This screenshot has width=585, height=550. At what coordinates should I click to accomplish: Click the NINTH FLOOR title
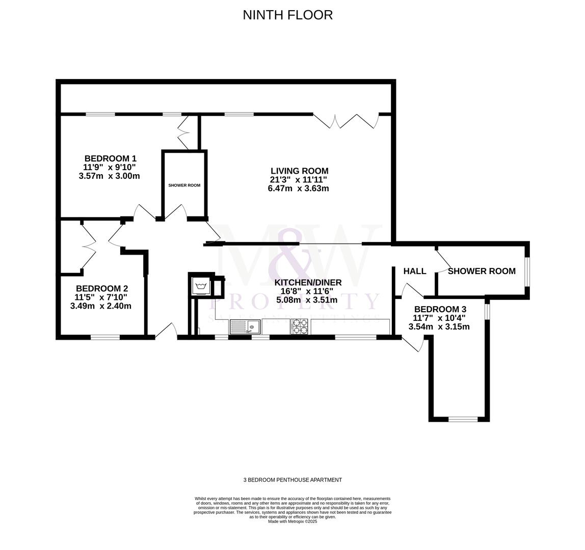[x=287, y=15]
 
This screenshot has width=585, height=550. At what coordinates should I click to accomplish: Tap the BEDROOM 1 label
[x=110, y=158]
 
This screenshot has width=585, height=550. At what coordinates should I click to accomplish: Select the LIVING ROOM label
[x=299, y=171]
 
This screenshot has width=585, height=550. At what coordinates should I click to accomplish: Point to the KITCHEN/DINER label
[x=308, y=283]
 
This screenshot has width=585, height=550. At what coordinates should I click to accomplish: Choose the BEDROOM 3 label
[x=440, y=309]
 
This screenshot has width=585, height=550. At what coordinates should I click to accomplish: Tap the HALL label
[x=414, y=271]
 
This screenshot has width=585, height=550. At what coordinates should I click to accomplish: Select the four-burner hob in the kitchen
[x=299, y=326]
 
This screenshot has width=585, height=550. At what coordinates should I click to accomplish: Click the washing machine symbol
[x=201, y=286]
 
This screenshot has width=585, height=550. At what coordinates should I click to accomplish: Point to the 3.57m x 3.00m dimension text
[x=109, y=176]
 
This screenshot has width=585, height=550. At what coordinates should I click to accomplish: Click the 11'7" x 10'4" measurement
[x=439, y=318]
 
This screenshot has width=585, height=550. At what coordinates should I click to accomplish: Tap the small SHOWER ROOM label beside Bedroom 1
[x=184, y=185]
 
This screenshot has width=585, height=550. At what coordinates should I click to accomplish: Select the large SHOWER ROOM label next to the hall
[x=482, y=271]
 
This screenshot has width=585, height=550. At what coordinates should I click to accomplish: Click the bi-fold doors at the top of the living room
[x=346, y=121]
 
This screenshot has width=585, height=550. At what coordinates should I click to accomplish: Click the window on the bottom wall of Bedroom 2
[x=105, y=337]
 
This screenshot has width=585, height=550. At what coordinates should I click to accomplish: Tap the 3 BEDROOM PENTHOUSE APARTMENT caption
[x=292, y=480]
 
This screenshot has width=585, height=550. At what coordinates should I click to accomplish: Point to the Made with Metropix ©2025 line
[x=292, y=521]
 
